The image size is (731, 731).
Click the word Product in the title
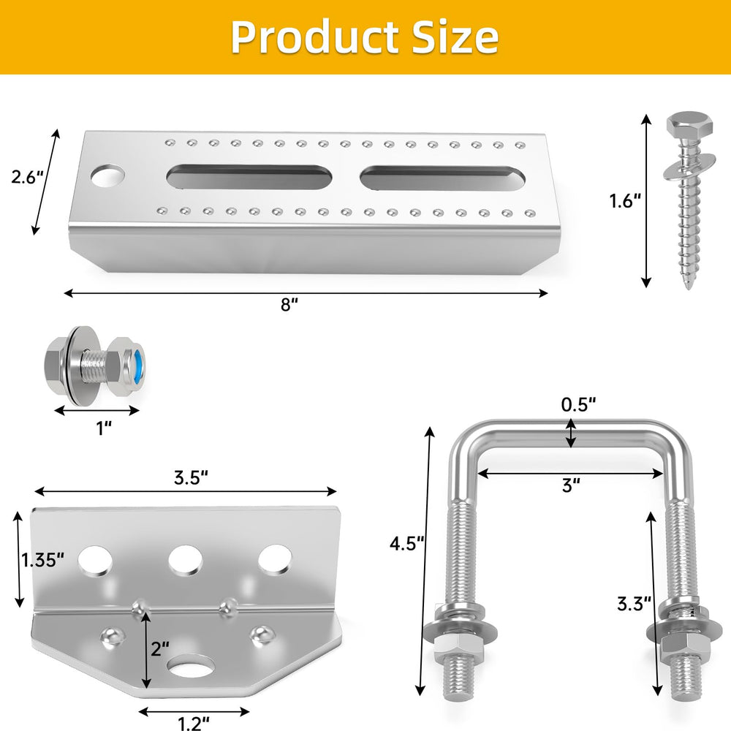click(x=315, y=37)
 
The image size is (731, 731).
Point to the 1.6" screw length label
click(x=625, y=201)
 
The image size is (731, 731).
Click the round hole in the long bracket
click(x=108, y=175)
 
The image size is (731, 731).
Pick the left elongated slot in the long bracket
click(x=249, y=177)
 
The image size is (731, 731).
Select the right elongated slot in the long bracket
click(x=443, y=178)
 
